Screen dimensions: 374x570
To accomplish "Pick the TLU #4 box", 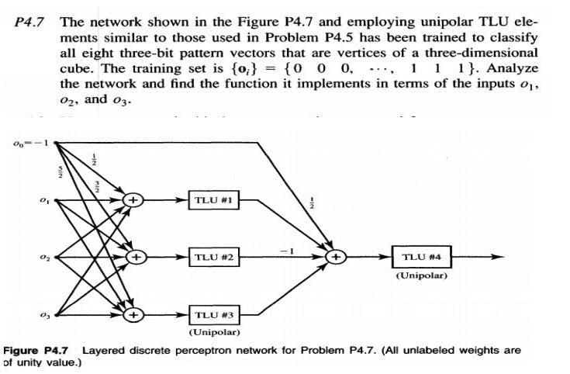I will pyautogui.click(x=423, y=256).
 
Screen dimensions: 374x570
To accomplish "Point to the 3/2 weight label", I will pyautogui.click(x=98, y=188).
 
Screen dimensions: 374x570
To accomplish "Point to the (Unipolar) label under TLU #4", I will pyautogui.click(x=423, y=275).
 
